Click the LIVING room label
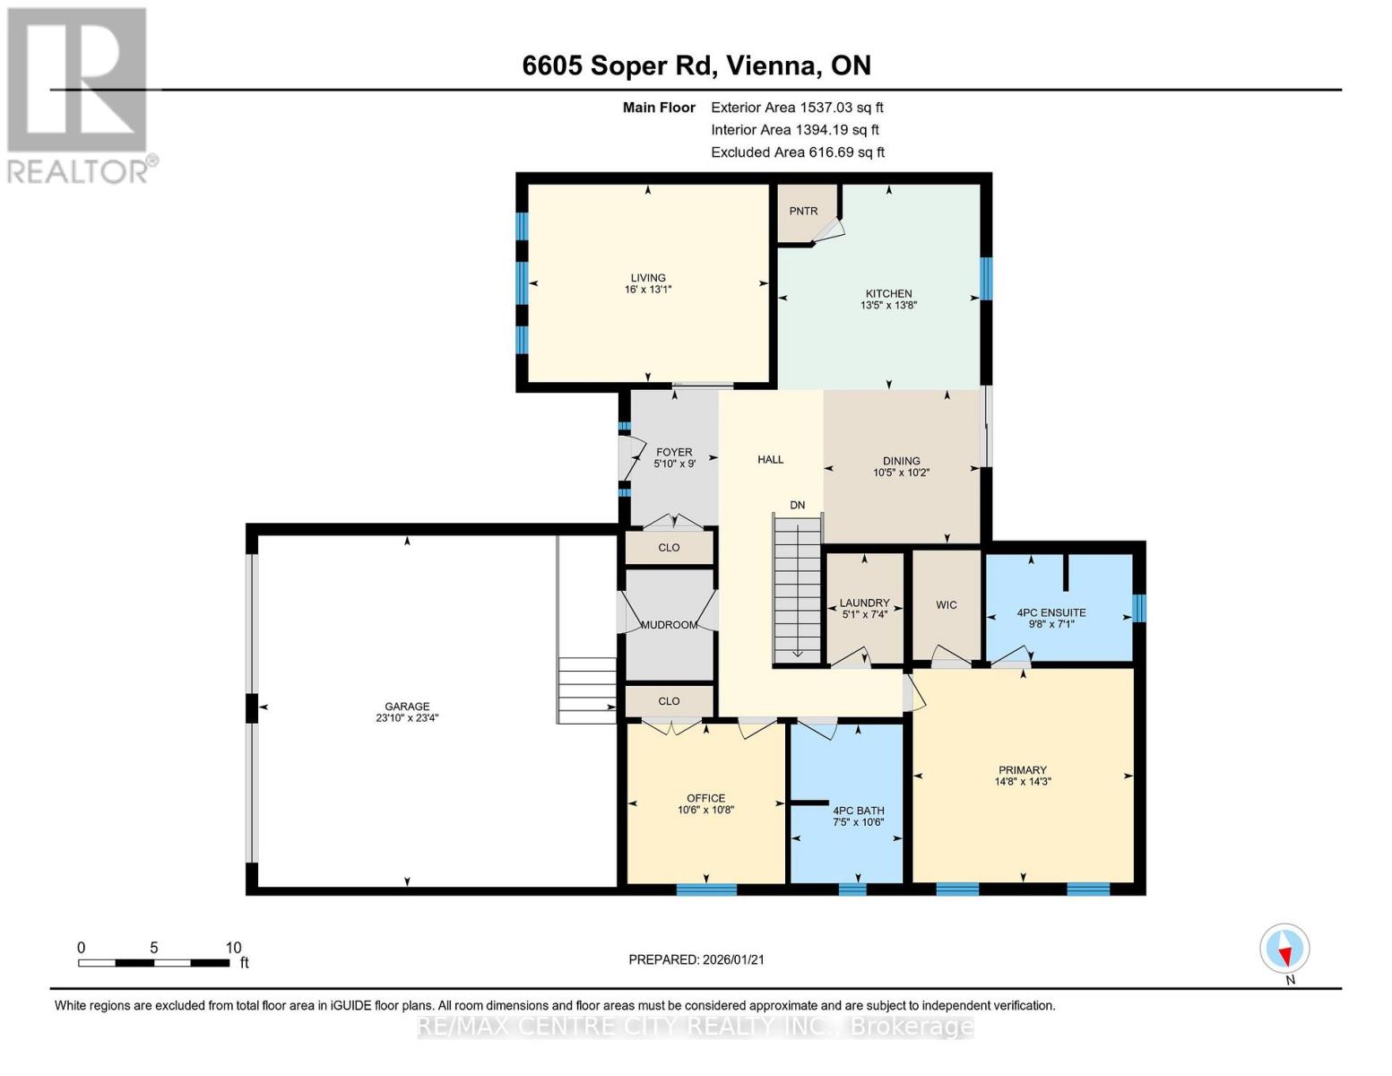coord(647,278)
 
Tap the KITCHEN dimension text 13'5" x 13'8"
coord(888,306)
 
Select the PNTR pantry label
coord(803,212)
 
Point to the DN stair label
coord(797,506)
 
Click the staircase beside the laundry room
coord(797,592)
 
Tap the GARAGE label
coord(407,707)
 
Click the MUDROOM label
coord(669,625)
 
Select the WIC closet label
coord(946,605)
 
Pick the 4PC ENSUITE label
coord(1050,613)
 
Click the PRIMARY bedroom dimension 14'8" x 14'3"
coord(1022,782)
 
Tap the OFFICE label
coord(705,798)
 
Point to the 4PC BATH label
coord(858,811)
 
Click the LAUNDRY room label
coord(864,603)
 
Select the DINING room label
coord(901,461)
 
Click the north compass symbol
coord(1284,949)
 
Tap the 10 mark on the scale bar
coord(233,948)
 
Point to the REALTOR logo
coord(79,94)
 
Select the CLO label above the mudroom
coord(669,548)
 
